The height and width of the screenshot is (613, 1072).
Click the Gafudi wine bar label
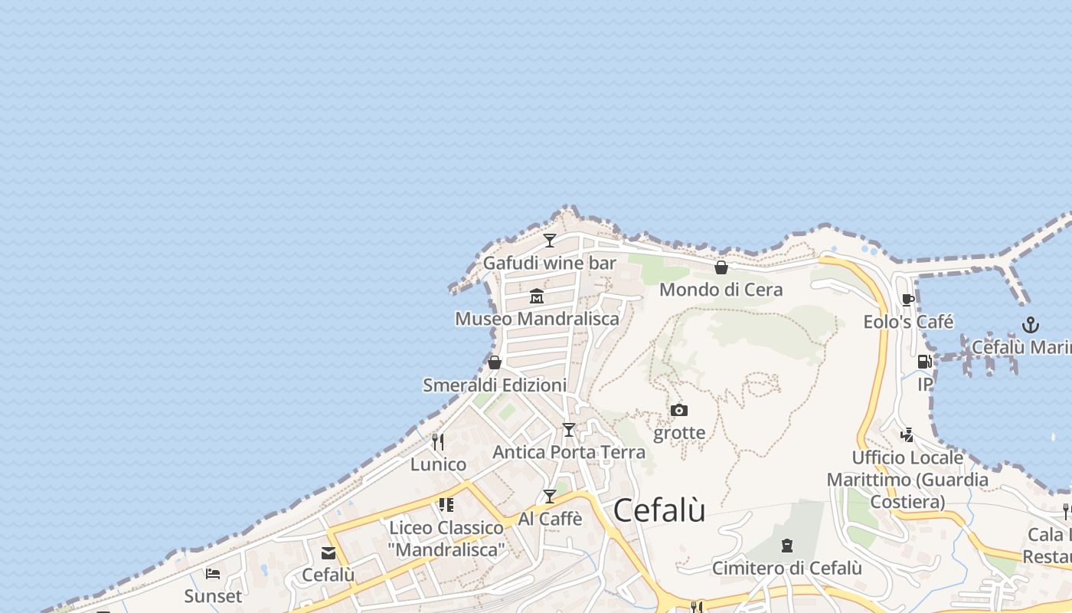549,264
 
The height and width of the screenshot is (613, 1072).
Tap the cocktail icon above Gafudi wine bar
550,241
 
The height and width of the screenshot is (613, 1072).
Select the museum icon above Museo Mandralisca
537,296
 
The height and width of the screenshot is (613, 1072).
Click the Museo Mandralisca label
537,319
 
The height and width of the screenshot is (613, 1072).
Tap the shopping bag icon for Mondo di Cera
721,267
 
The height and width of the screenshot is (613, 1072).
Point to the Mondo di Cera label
721,290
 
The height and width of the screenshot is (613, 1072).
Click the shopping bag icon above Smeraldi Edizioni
495,362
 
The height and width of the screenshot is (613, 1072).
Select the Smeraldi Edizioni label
495,385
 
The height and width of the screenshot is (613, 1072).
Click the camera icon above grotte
679,411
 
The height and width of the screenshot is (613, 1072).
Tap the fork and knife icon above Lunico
438,442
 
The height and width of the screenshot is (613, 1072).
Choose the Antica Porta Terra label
568,452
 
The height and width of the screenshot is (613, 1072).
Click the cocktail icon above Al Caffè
550,497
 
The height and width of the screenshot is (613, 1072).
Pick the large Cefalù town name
659,511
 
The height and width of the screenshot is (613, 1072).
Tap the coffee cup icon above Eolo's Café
908,300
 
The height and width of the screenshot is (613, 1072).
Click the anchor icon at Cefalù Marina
1031,325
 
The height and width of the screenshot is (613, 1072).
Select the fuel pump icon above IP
925,362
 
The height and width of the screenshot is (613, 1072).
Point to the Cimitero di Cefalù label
786,569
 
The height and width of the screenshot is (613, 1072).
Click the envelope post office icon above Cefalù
328,553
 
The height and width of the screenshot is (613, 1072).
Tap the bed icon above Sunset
213,573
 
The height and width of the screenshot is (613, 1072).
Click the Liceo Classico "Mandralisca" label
446,539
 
